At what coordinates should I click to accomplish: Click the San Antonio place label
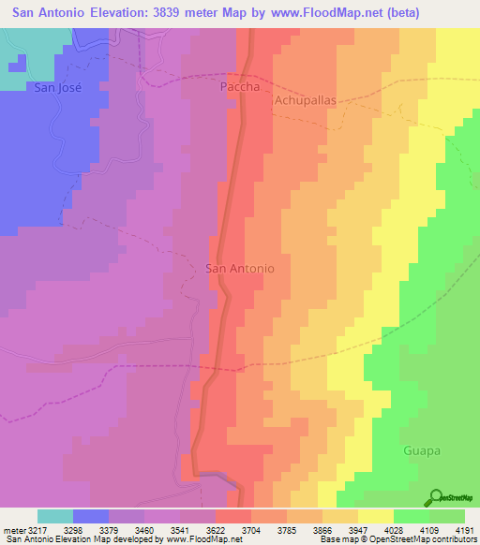240,268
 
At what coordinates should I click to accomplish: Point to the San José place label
58,88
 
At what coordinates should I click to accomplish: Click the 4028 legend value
410,527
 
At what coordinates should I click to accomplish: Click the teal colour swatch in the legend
55,515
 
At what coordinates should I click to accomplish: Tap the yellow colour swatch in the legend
376,515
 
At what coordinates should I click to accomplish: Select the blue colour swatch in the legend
91,515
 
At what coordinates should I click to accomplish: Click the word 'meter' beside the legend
12,527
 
